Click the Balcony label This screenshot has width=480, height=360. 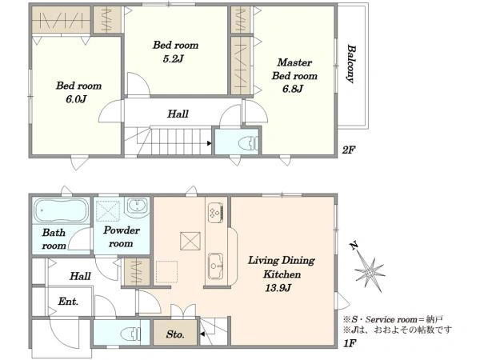click(351, 64)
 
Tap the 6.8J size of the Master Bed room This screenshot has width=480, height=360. click(293, 89)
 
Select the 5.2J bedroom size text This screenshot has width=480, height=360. click(173, 58)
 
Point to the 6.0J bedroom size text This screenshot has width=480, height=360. click(76, 99)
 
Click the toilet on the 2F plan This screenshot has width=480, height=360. click(248, 143)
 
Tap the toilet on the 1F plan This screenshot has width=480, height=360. click(130, 334)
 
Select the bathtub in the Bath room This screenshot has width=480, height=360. click(62, 210)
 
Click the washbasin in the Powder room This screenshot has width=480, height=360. click(138, 206)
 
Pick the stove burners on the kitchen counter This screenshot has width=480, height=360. click(216, 213)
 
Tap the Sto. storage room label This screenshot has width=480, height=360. click(175, 334)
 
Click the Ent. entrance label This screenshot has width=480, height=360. click(68, 302)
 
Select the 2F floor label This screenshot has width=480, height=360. click(349, 150)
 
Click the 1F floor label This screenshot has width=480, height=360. click(350, 343)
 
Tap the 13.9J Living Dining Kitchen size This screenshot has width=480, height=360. click(278, 288)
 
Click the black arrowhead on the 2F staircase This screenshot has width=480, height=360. click(209, 143)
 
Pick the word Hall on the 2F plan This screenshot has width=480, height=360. click(178, 114)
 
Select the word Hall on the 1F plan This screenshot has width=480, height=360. click(80, 277)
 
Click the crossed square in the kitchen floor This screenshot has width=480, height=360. click(190, 241)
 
